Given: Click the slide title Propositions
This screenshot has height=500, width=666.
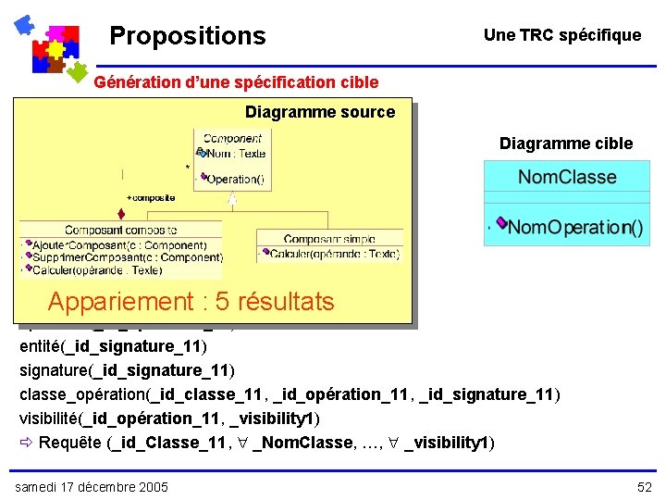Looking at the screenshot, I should pyautogui.click(x=187, y=36).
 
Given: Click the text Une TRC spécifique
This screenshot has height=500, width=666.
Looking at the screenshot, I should pyautogui.click(x=561, y=35).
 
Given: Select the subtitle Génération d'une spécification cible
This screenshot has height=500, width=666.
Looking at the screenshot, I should pyautogui.click(x=237, y=82).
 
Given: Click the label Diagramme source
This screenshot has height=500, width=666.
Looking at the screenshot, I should pyautogui.click(x=319, y=113).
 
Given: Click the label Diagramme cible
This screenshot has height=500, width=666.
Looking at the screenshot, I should pyautogui.click(x=566, y=144).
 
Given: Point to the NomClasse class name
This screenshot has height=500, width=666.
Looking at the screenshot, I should pyautogui.click(x=566, y=177).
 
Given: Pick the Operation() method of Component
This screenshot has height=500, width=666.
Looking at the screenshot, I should pyautogui.click(x=235, y=179).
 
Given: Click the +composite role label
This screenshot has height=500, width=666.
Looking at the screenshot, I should pyautogui.click(x=151, y=197).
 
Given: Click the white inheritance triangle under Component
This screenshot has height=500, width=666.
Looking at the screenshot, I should pyautogui.click(x=232, y=197).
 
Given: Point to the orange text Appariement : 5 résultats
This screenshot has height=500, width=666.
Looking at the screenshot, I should pyautogui.click(x=191, y=302).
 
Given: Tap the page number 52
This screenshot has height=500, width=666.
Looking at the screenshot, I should pyautogui.click(x=644, y=487).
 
